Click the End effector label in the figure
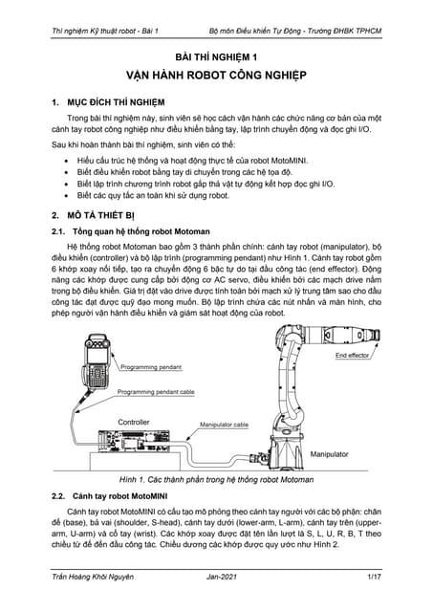[353, 356]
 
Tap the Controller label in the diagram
[133, 421]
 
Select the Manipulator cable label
[225, 424]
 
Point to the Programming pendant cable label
[156, 392]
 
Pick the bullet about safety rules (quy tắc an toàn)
[153, 194]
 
